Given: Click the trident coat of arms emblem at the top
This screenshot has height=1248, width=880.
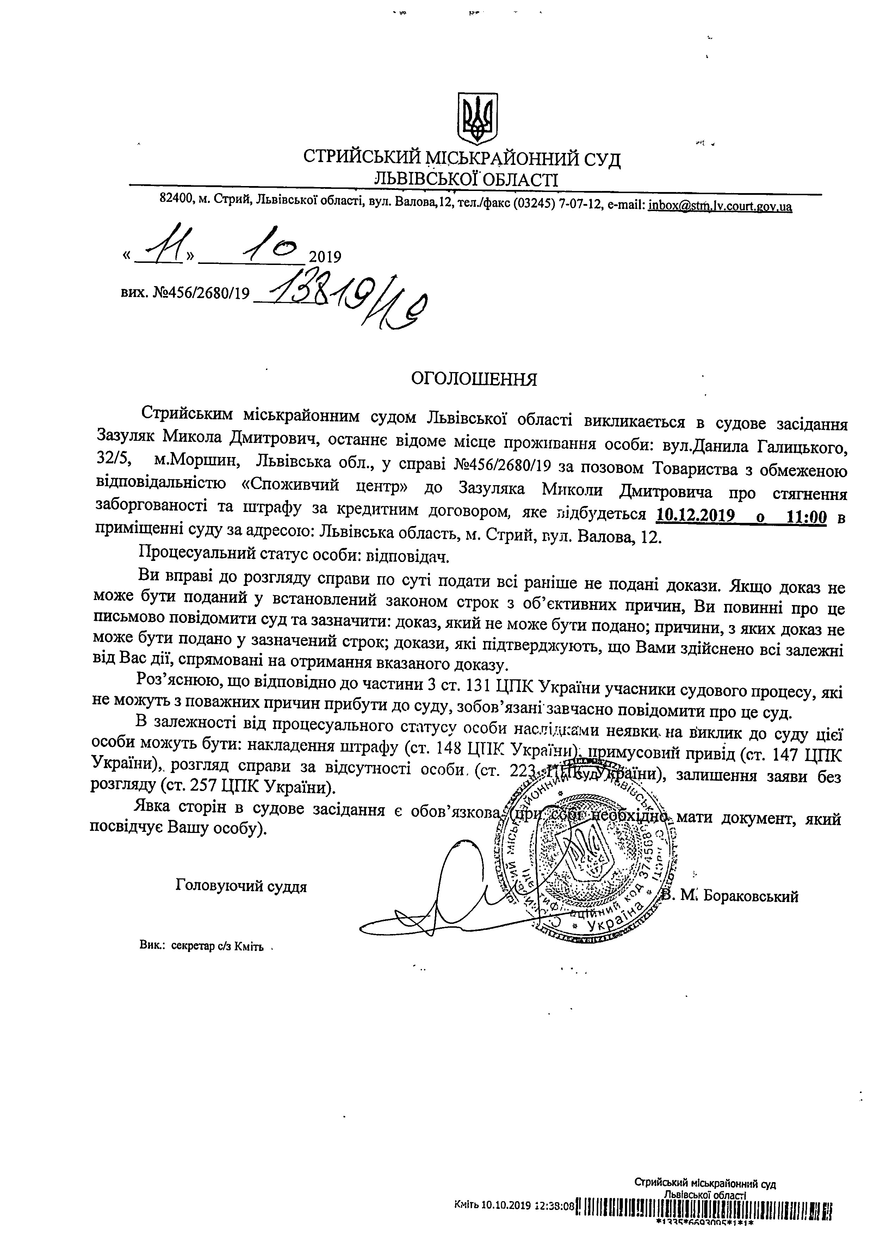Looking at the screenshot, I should pyautogui.click(x=476, y=118).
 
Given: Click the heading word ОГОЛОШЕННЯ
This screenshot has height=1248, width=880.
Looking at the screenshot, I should pyautogui.click(x=473, y=379).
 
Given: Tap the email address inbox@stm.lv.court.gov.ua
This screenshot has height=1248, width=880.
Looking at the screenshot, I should pyautogui.click(x=720, y=206).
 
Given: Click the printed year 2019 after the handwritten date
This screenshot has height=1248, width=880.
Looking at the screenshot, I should pyautogui.click(x=324, y=257).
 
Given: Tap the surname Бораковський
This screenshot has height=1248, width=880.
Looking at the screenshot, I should pyautogui.click(x=751, y=896).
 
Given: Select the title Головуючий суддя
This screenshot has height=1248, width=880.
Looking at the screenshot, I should pyautogui.click(x=241, y=886).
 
